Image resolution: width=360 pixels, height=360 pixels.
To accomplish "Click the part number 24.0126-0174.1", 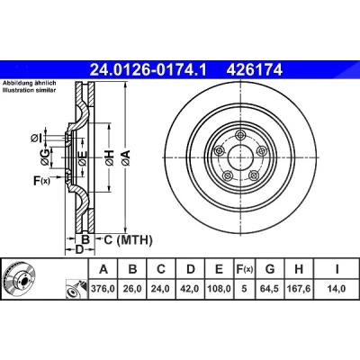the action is (x=148, y=70).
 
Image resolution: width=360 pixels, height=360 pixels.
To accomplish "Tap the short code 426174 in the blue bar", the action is (x=255, y=70).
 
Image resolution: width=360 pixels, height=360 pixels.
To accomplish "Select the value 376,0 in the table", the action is (x=103, y=289).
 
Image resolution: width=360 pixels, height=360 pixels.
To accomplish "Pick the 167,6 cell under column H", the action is (x=299, y=289).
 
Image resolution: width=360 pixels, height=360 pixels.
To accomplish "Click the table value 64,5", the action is (x=270, y=289).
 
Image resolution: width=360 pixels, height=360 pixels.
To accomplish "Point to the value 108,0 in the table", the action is (x=220, y=289).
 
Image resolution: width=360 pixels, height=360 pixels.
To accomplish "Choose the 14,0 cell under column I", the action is (x=337, y=289).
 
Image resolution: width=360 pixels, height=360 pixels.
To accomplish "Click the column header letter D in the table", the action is (x=191, y=269).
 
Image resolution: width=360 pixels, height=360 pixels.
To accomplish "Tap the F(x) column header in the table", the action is (x=244, y=269).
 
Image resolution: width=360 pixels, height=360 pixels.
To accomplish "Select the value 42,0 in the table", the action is (x=191, y=289).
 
